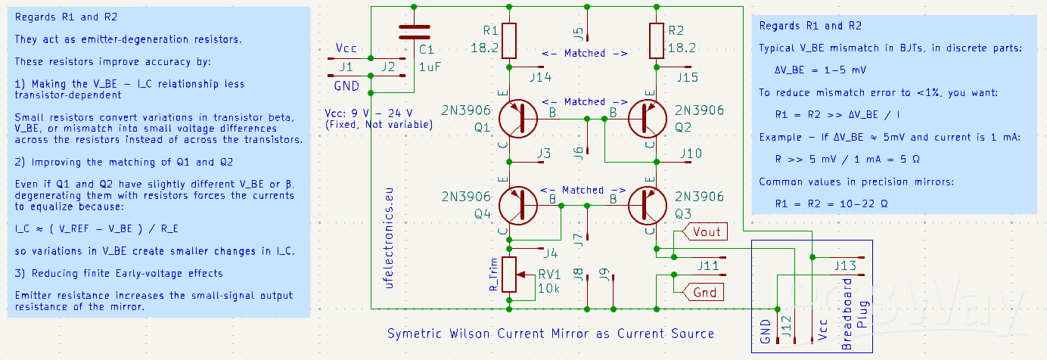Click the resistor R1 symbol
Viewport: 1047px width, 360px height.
click(x=510, y=39)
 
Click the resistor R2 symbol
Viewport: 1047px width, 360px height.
click(x=656, y=39)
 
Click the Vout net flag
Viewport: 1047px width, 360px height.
click(x=705, y=231)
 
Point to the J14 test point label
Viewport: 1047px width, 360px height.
click(x=540, y=77)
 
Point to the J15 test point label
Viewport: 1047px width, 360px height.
click(x=686, y=77)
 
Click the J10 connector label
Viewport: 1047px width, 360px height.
click(x=690, y=154)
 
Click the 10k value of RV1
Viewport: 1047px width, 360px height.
click(x=548, y=289)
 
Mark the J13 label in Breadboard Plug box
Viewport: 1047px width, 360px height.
click(x=845, y=265)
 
